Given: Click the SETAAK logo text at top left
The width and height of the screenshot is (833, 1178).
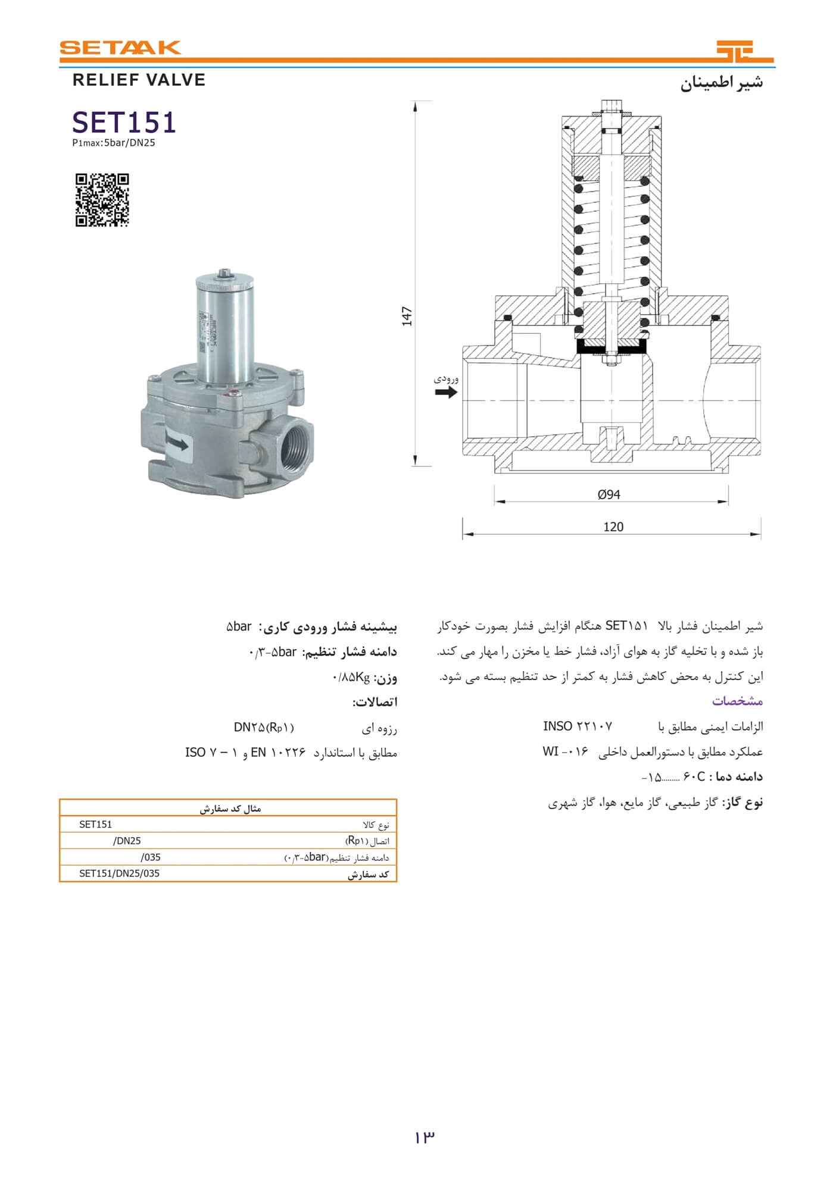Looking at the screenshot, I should pyautogui.click(x=120, y=48).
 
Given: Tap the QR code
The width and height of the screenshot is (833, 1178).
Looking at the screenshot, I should pyautogui.click(x=102, y=200).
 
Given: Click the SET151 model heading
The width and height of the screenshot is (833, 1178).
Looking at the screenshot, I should pyautogui.click(x=124, y=123).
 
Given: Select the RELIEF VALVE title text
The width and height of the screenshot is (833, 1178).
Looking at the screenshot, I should pyautogui.click(x=139, y=80).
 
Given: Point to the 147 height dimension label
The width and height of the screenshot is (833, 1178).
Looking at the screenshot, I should pyautogui.click(x=407, y=316).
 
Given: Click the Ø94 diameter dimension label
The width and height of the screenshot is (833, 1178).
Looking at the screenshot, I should pyautogui.click(x=609, y=494).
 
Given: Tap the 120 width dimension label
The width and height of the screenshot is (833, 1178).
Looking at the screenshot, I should pyautogui.click(x=613, y=527).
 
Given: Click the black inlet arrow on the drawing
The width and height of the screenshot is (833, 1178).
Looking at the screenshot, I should pyautogui.click(x=446, y=391).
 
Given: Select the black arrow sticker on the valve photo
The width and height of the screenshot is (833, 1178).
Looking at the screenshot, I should pyautogui.click(x=177, y=443).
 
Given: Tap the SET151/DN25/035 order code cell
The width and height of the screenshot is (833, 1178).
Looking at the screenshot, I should pyautogui.click(x=120, y=873).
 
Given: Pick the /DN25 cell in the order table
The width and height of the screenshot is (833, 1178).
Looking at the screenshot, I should pyautogui.click(x=127, y=841).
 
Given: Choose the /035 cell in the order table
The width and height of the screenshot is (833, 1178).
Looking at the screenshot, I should pyautogui.click(x=151, y=857).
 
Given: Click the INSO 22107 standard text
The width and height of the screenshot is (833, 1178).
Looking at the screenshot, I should pyautogui.click(x=577, y=726).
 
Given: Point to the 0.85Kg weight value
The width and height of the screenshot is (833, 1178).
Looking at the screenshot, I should pyautogui.click(x=351, y=677).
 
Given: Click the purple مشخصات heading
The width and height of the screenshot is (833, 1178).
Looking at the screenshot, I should pyautogui.click(x=737, y=701).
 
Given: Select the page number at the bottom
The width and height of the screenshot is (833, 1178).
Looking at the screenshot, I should pyautogui.click(x=425, y=1137).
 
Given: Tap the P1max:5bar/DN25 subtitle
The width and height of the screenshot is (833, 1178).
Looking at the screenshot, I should pyautogui.click(x=114, y=143).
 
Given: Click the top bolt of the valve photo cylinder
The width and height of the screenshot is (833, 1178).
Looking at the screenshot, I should pyautogui.click(x=224, y=272).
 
